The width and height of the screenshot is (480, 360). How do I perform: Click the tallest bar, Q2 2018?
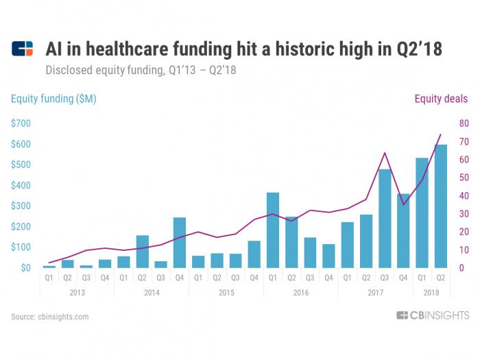coord(441,206)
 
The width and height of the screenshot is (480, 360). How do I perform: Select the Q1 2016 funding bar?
coord(273,230)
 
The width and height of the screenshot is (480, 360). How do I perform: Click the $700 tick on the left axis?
coord(21,123)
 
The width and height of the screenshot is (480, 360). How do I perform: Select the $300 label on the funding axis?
coord(21,206)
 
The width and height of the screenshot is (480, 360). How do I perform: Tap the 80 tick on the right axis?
coord(464,123)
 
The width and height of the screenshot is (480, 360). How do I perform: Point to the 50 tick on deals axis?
coord(464,178)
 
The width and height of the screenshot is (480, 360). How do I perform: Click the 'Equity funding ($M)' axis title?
coord(53,99)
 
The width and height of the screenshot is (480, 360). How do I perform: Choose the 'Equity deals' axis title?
coord(441,99)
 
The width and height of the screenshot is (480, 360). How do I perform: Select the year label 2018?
coord(431,293)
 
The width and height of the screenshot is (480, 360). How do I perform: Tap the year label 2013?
coord(77,293)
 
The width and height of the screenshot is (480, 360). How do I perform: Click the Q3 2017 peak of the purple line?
coord(385,153)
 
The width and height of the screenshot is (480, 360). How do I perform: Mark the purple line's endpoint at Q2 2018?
coord(441,134)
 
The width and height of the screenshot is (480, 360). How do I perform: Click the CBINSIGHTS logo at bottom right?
coord(432,315)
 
